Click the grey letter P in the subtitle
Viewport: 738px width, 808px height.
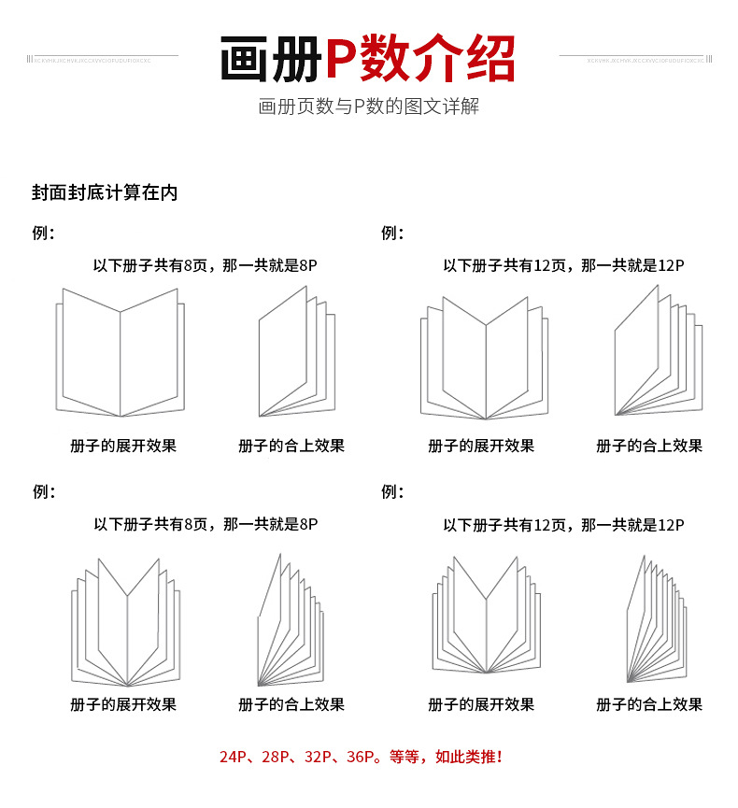tap(358, 106)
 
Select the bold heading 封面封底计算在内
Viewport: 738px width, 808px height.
tap(105, 193)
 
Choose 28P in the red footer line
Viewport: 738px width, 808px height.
tap(273, 757)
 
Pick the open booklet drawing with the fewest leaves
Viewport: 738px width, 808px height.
tap(120, 352)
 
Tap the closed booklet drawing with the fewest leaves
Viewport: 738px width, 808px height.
tap(295, 353)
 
